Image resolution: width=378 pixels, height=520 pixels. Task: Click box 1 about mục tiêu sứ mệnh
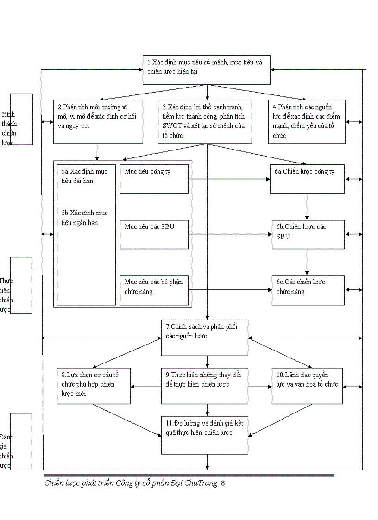coord(206,70)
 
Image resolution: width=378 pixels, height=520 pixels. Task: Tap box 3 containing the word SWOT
coord(205,121)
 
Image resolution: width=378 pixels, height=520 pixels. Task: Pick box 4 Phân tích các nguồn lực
coord(307,121)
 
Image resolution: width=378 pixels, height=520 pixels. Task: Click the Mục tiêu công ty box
coord(154,179)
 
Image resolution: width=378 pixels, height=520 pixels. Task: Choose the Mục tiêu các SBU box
coord(154,234)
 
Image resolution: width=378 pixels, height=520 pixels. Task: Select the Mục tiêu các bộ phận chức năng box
coord(154,290)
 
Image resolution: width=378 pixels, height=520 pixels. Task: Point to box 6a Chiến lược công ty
coord(307,179)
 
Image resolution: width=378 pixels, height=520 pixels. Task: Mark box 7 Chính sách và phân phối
coord(204,338)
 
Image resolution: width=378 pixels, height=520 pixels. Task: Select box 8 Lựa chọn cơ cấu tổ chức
coord(94,386)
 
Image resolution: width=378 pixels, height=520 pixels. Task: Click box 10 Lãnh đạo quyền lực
coord(307,386)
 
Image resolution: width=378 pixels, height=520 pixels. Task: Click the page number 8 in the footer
coord(223,483)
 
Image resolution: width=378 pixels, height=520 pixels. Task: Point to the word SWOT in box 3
coord(172,126)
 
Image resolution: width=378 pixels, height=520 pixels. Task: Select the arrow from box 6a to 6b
coord(307,207)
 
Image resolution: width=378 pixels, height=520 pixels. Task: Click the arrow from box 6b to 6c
coord(307,262)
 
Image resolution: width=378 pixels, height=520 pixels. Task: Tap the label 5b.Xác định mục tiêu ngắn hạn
coord(84,218)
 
